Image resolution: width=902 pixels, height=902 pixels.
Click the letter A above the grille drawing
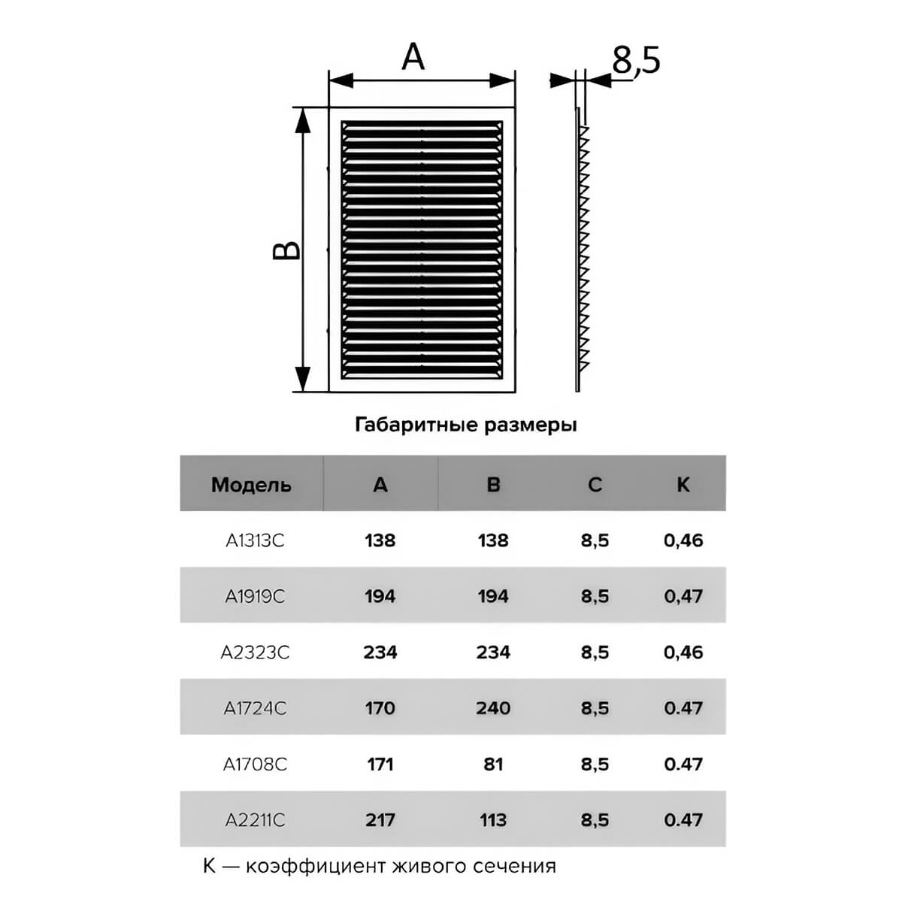coord(413,56)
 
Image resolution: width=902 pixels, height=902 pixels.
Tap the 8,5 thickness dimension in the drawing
coord(636,60)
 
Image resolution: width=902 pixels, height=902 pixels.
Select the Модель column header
coord(251,485)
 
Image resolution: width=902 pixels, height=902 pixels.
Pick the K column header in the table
coord(683,485)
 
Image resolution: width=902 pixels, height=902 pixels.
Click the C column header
coord(595,485)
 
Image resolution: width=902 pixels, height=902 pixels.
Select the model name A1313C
coord(255,540)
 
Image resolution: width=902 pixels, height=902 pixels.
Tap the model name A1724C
coord(255,708)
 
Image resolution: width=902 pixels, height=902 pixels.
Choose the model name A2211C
coord(255,820)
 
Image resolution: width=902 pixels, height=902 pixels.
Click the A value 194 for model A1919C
coord(380,596)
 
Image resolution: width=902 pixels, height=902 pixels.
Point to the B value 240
coord(493,708)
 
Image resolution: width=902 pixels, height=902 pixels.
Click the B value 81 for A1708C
coord(493,764)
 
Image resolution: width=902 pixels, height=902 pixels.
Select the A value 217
coord(380,820)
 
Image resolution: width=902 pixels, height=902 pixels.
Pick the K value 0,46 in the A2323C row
coord(683,652)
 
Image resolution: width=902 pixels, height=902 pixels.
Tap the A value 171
coord(380,764)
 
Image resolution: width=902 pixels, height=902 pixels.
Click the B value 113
coord(493,820)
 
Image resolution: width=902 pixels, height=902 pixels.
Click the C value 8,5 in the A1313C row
coord(595,541)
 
